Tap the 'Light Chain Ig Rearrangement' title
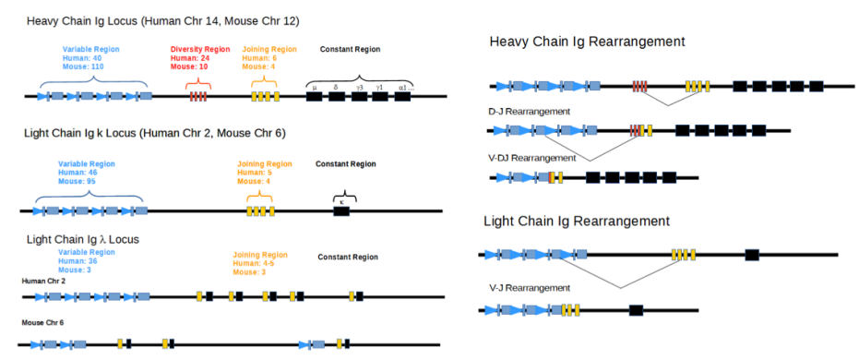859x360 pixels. [577, 222]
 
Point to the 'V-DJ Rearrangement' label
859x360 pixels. [532, 158]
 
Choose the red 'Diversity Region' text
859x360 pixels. [200, 49]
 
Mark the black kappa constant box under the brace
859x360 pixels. [341, 211]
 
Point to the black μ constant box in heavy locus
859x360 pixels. [314, 96]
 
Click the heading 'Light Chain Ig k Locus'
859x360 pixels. [155, 133]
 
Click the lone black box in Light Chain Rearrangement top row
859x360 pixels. [752, 255]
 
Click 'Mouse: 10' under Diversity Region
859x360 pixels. [190, 67]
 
